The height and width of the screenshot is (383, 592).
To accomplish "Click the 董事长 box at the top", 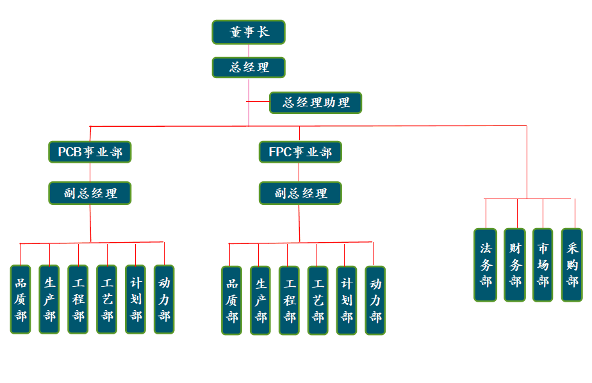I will click(249, 32).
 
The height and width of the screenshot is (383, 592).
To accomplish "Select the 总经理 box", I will click(249, 67).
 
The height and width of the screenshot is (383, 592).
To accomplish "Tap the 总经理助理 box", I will click(315, 102).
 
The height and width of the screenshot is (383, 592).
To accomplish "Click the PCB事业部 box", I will click(90, 152).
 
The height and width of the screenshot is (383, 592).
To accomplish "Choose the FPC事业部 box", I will click(300, 152).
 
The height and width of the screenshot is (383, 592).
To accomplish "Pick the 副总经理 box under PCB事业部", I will click(90, 193).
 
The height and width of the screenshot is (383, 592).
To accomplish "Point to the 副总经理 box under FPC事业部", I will click(300, 193).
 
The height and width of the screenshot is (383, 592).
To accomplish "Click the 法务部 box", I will click(486, 265).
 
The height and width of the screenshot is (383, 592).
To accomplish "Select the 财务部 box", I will click(514, 265).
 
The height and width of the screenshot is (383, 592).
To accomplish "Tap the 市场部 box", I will click(543, 265).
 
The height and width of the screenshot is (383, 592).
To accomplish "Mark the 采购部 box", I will click(572, 265).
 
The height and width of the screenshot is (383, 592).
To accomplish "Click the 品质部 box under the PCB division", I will click(21, 299).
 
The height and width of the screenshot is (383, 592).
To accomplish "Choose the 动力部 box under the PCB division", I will click(164, 299).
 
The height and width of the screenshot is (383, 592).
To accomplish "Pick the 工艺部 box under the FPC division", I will click(318, 300).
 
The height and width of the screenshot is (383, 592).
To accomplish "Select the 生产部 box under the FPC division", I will click(260, 300).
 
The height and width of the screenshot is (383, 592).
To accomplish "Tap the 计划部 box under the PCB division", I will click(135, 299).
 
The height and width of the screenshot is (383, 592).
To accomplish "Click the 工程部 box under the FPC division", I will click(289, 300).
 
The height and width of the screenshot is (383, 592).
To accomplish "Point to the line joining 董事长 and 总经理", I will click(249, 51).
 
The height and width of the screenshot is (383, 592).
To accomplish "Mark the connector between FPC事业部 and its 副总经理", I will click(299, 172).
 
